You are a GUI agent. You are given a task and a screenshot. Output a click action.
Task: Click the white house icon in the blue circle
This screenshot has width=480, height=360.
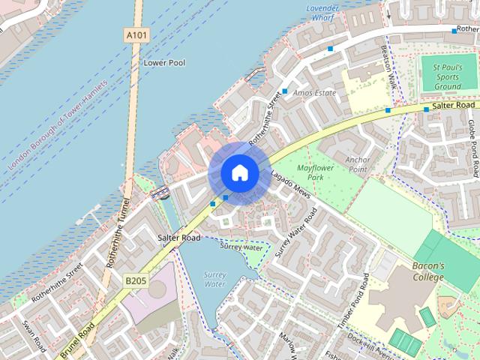239,173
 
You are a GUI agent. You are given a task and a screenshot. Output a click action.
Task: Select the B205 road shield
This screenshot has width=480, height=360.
135,280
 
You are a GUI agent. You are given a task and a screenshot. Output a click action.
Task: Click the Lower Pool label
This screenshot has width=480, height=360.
164,63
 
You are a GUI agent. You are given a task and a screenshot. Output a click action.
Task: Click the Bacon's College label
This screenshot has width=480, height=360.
428,271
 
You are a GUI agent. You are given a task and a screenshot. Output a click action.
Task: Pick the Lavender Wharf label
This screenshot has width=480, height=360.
324,11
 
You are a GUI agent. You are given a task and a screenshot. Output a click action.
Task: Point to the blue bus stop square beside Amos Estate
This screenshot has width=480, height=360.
285,91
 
